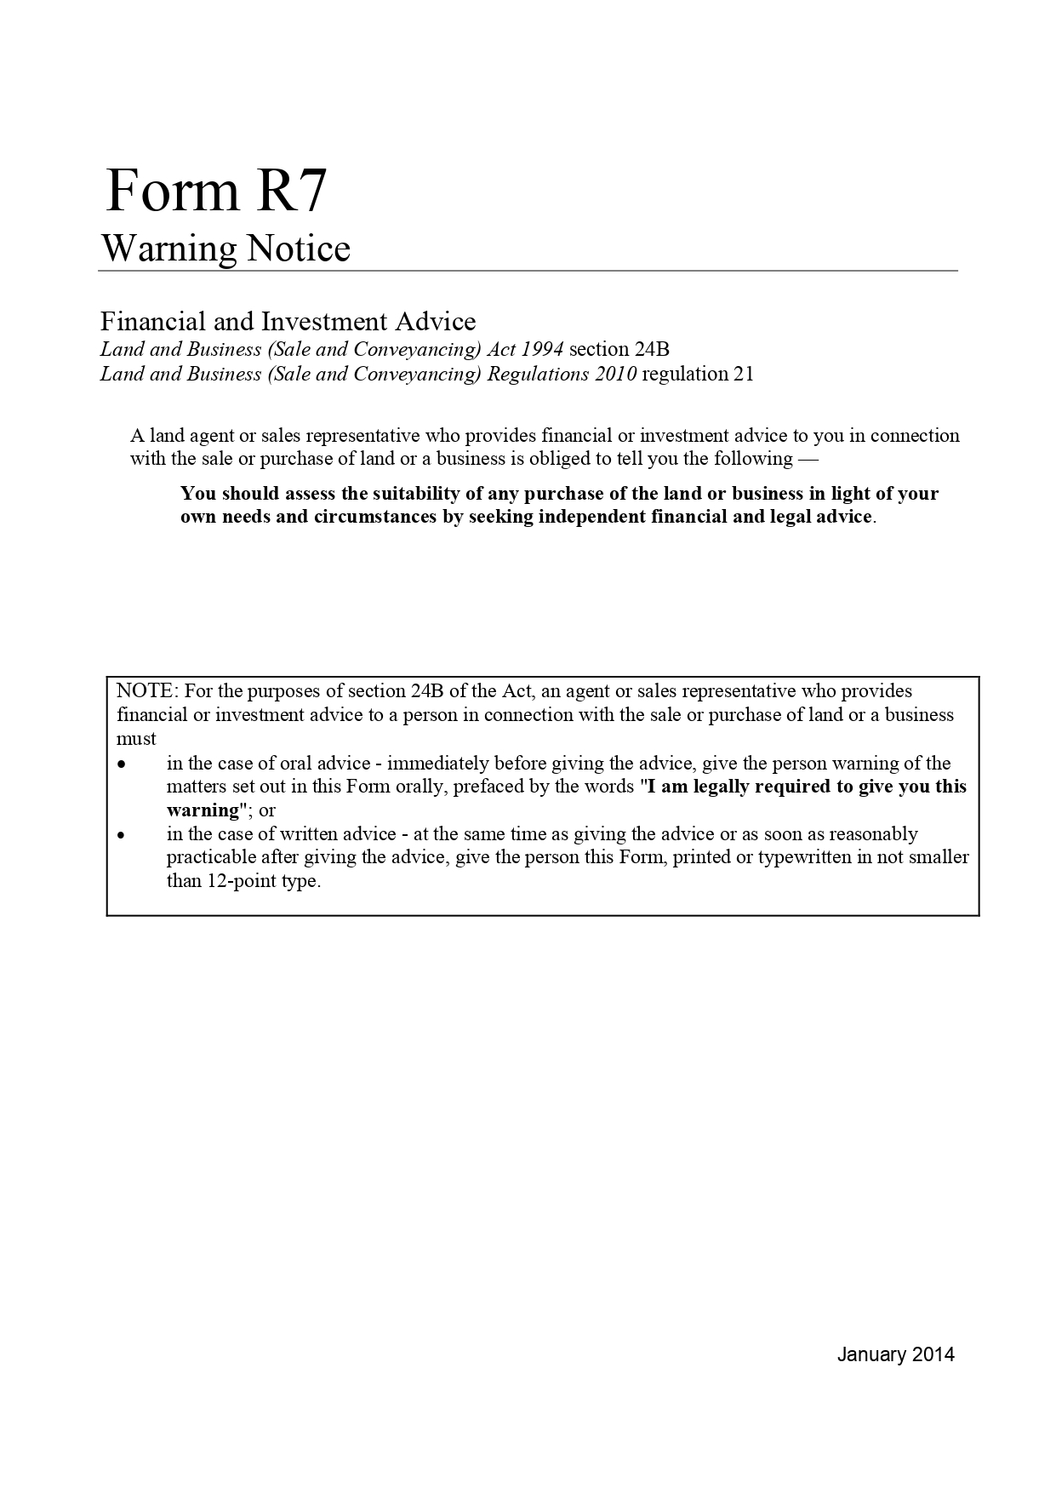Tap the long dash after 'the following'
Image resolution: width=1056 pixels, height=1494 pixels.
coord(783,459)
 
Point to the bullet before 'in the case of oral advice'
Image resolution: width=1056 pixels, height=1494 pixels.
coord(123,764)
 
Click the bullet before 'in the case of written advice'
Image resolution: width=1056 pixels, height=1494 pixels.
coord(123,836)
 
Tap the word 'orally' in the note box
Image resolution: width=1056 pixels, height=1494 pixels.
coord(420,787)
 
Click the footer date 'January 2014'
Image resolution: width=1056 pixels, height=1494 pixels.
coord(895,1354)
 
